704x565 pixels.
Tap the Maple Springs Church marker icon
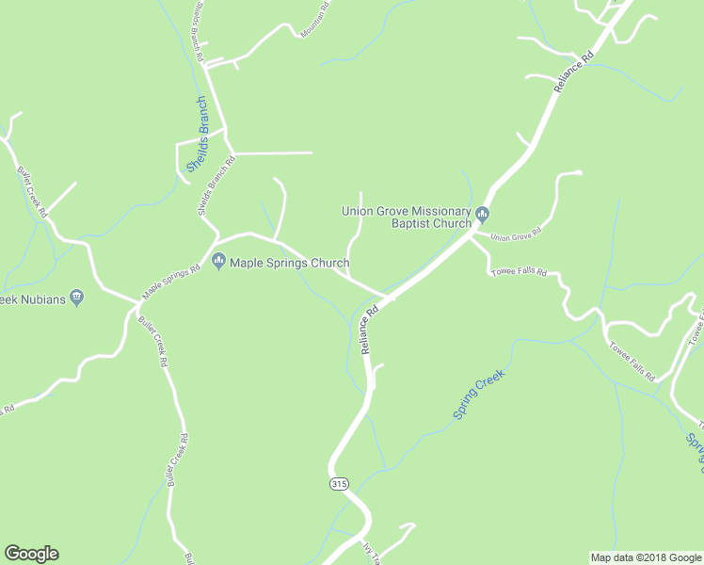click(219, 262)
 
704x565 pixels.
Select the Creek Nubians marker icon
click(77, 299)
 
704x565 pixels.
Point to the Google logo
click(31, 554)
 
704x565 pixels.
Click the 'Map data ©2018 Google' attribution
click(646, 557)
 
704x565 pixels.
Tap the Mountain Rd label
click(315, 20)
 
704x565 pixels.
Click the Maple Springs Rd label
click(171, 282)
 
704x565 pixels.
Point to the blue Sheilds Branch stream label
click(197, 135)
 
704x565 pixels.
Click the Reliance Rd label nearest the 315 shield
click(369, 329)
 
